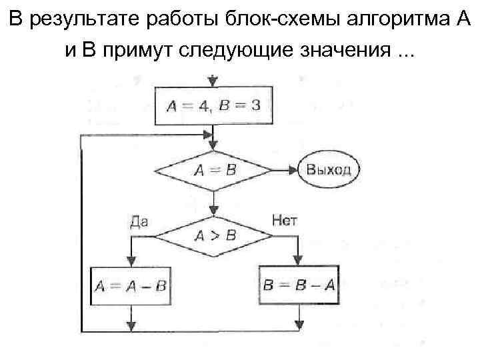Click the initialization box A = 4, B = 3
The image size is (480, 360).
[x=213, y=107]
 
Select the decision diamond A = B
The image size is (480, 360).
[x=213, y=169]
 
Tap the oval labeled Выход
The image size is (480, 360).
[x=329, y=169]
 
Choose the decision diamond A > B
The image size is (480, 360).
[x=213, y=235]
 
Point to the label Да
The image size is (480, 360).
[x=139, y=221]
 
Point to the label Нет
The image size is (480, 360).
[x=285, y=220]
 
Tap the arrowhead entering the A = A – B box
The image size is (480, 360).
[x=131, y=262]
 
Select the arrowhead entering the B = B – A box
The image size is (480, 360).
[x=298, y=262]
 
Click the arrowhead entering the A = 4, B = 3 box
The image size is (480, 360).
[x=213, y=83]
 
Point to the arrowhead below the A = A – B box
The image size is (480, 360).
[x=131, y=325]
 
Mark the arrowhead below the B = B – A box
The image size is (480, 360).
[x=298, y=325]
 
